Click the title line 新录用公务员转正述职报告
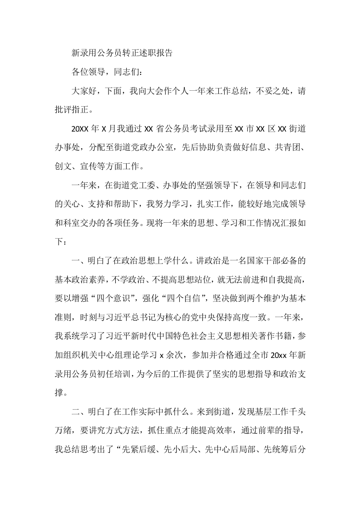click(x=122, y=53)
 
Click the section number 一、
click(x=78, y=260)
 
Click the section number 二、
click(x=78, y=412)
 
